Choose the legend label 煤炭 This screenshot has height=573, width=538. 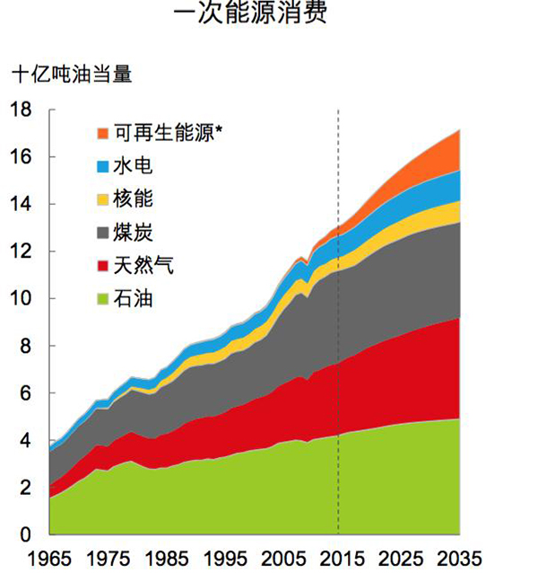[134, 234]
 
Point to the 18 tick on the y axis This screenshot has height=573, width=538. [20, 110]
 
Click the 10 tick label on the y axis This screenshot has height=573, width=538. [20, 299]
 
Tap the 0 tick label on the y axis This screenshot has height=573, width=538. [24, 535]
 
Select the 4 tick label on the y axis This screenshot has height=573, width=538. [24, 441]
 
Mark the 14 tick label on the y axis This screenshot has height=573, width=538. [20, 204]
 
